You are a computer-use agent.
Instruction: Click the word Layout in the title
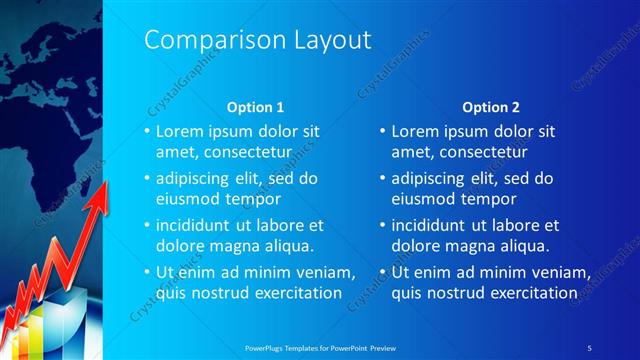click(x=327, y=40)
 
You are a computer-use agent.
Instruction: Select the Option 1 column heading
click(x=256, y=106)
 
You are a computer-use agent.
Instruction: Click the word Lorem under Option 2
click(x=415, y=131)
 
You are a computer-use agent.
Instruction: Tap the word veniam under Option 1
click(x=328, y=273)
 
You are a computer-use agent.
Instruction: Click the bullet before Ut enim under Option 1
click(x=146, y=273)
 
